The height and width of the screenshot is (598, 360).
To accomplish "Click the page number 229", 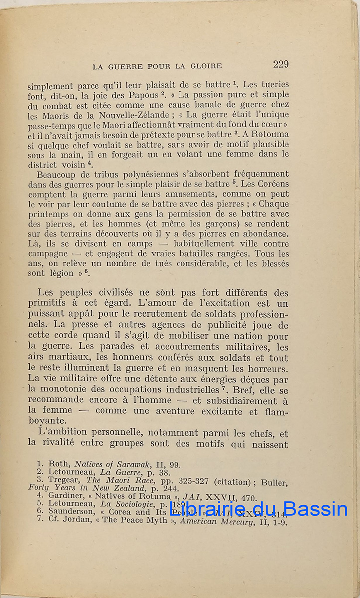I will tap(281, 64).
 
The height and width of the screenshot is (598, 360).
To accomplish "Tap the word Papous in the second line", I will tap(145, 95).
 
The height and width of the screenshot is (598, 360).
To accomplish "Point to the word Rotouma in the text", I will tap(271, 134).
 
